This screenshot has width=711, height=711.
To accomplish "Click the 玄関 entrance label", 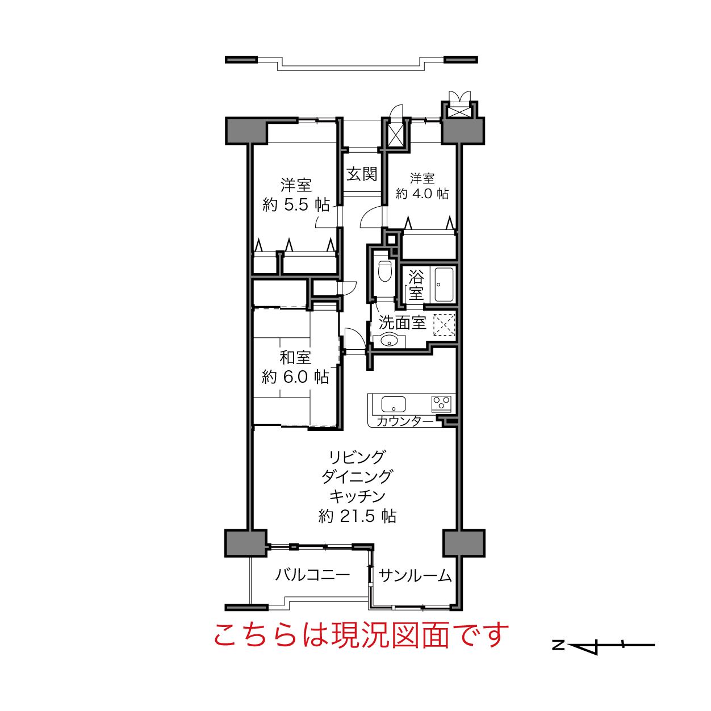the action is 362,174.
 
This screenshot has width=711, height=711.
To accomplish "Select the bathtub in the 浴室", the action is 444,285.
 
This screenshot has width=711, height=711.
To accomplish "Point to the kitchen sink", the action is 394,404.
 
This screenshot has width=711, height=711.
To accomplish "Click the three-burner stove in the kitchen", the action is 441,404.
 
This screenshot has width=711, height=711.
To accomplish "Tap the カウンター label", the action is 405,421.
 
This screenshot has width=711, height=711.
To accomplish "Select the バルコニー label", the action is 312,575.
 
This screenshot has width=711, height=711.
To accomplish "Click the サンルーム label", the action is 415,576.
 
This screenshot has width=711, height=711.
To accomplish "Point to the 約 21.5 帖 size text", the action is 357,516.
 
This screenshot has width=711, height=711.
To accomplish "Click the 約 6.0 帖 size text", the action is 295,377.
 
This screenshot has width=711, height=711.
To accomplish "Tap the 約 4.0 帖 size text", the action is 422,193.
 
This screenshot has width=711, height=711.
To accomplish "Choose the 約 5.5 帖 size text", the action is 296,205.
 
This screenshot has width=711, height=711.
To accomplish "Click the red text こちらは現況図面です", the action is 361,635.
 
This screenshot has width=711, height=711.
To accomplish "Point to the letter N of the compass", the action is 559,645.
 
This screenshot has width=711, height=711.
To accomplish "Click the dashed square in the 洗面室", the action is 444,325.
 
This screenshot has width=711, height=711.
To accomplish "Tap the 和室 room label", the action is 295,357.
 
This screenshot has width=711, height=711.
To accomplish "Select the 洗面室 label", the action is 402,323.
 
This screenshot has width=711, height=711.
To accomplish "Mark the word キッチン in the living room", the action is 357,497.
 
